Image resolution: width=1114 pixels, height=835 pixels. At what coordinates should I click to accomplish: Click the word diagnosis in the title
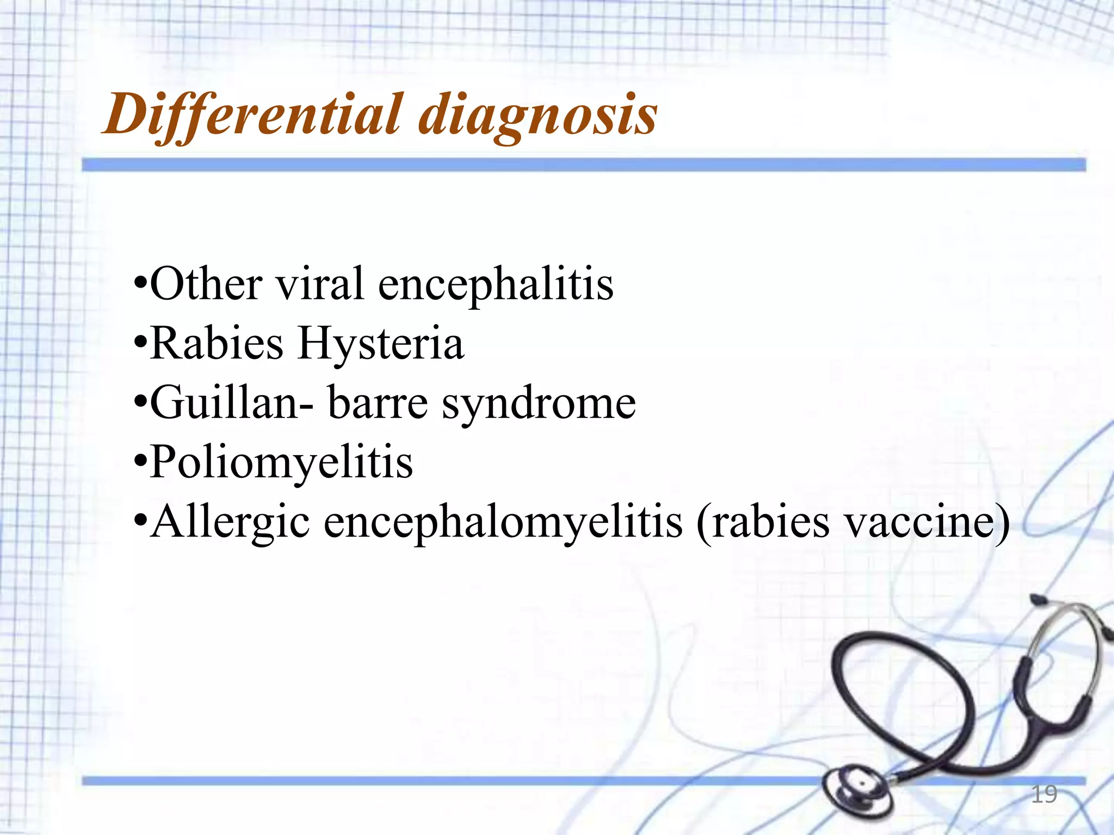[537, 115]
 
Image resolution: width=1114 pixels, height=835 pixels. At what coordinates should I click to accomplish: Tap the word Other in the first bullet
[206, 284]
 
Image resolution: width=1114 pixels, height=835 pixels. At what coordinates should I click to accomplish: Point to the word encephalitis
[496, 285]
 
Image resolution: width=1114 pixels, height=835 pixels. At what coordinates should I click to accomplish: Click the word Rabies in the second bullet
[216, 344]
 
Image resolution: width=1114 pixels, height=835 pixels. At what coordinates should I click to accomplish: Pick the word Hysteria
[381, 345]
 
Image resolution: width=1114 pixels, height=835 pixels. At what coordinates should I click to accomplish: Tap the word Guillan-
[232, 403]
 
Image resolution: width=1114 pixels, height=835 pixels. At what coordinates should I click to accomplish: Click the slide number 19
[1044, 794]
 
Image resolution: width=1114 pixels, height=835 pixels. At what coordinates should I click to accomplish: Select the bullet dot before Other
[140, 285]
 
